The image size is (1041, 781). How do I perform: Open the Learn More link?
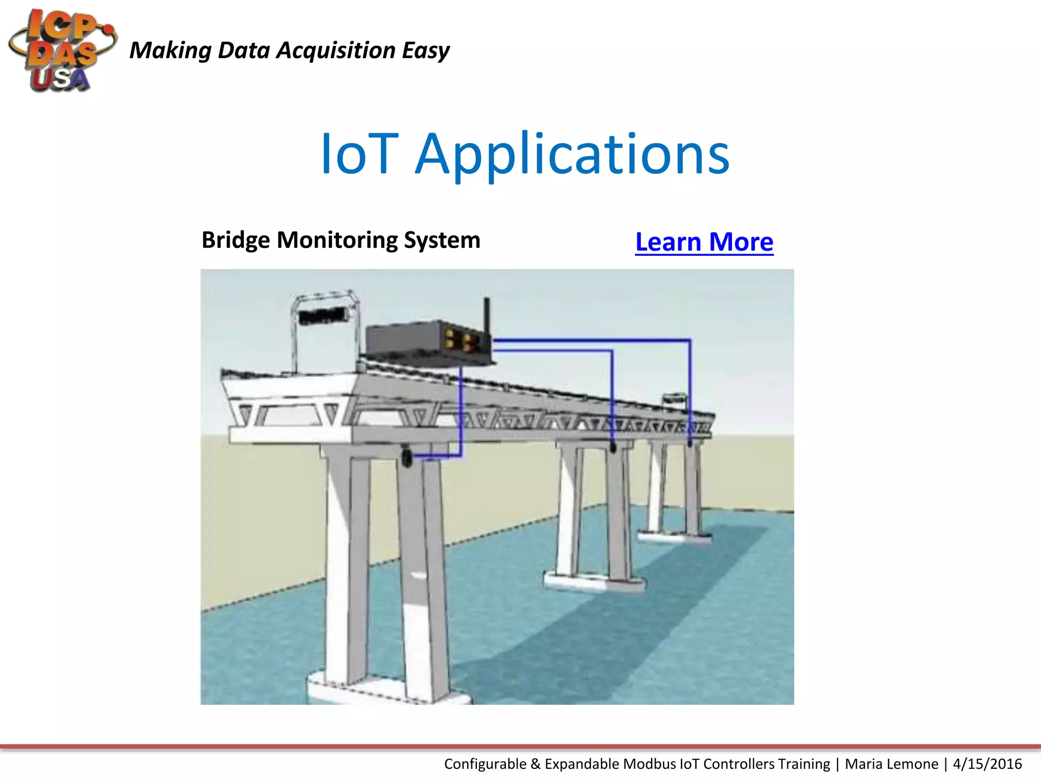tap(704, 242)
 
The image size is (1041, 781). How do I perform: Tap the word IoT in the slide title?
tap(359, 154)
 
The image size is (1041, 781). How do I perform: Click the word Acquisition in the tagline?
tap(335, 50)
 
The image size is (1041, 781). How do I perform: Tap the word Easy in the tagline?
tap(425, 50)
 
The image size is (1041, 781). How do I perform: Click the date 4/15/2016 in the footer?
tap(987, 764)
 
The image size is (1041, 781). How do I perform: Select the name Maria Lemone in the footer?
tap(892, 764)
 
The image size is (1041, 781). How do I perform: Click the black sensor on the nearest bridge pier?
tap(407, 457)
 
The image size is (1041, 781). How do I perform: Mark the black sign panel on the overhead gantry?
tap(323, 316)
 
